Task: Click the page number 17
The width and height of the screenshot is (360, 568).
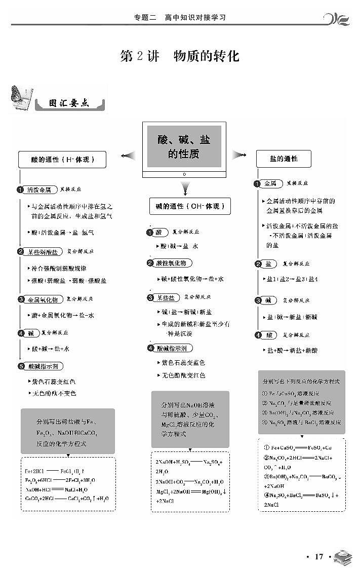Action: pyautogui.click(x=318, y=556)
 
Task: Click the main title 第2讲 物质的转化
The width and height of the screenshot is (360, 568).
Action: pyautogui.click(x=180, y=56)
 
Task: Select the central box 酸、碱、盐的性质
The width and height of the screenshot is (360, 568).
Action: pyautogui.click(x=184, y=146)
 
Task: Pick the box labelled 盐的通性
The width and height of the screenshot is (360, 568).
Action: pyautogui.click(x=284, y=159)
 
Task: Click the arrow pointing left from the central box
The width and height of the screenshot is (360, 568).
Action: pyautogui.click(x=128, y=155)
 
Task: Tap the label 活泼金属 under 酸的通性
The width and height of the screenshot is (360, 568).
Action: pyautogui.click(x=39, y=190)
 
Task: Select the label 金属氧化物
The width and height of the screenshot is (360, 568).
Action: pyautogui.click(x=42, y=299)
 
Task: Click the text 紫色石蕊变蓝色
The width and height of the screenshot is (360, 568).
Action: pyautogui.click(x=183, y=363)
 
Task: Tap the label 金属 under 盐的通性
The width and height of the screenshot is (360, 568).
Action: pyautogui.click(x=270, y=183)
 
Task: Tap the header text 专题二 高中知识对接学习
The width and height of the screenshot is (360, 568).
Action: pyautogui.click(x=180, y=17)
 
